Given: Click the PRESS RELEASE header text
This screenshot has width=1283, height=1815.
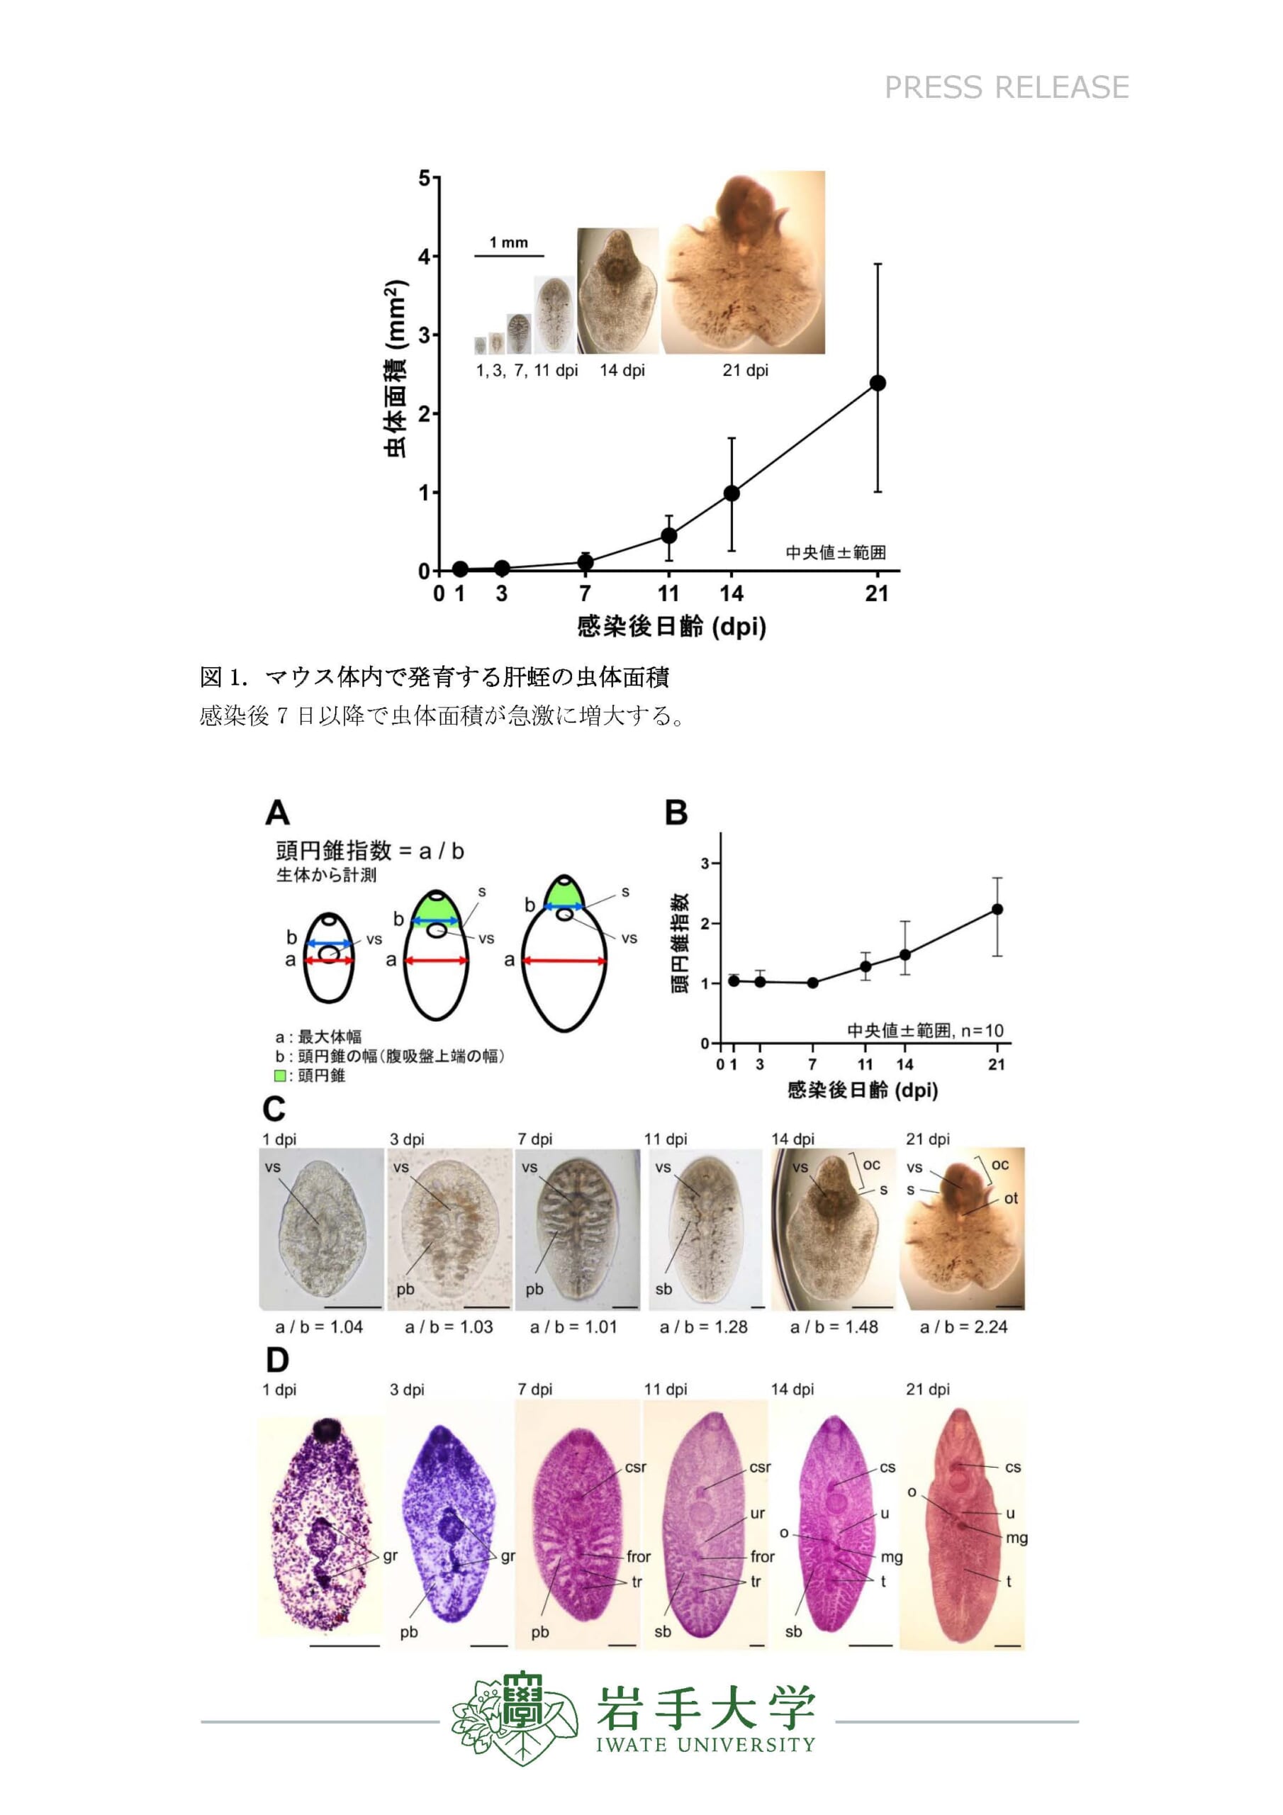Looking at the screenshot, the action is click(1007, 87).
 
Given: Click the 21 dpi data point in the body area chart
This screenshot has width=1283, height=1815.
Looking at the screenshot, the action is click(878, 383).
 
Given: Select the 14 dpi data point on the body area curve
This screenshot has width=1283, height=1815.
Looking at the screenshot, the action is click(732, 493).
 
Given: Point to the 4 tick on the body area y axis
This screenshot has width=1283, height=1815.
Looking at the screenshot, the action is click(425, 256).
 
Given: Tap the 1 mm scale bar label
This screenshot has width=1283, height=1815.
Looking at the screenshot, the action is click(508, 242).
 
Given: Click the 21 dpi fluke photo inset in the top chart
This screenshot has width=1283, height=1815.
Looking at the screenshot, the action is click(744, 262).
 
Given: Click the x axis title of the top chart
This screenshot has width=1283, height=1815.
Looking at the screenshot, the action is click(672, 627).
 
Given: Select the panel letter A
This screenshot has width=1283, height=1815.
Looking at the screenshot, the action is click(277, 812).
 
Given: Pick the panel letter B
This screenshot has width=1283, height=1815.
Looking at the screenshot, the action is click(677, 812).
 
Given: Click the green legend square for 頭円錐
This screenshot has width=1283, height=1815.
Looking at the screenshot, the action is click(280, 1076).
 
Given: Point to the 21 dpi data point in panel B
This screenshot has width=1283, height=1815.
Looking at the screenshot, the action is click(997, 909).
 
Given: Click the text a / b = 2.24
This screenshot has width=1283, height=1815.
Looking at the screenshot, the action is click(963, 1327).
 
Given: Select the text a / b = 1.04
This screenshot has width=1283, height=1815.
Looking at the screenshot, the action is click(320, 1327).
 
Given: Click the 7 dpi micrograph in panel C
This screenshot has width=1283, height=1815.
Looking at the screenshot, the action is click(577, 1229).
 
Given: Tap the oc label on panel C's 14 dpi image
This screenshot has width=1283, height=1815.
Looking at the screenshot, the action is click(871, 1164).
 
